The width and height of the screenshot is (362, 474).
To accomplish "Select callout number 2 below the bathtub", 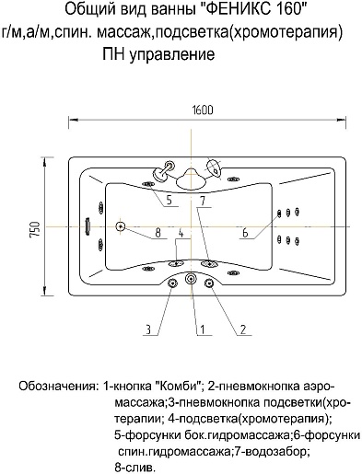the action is coord(242,328).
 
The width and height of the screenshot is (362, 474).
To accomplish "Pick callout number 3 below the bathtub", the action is coord(146,328).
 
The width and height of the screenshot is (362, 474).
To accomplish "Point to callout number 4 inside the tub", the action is coord(181,234).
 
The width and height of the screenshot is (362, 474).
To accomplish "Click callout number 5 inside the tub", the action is coord(170,200).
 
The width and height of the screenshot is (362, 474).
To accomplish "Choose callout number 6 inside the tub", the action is coord(244,234).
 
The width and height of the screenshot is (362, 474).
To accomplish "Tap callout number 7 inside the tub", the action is coord(201,200).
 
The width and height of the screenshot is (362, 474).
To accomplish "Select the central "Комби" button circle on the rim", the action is coord(191,279).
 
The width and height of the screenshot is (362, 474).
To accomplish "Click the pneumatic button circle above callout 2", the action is coord(209,282).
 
